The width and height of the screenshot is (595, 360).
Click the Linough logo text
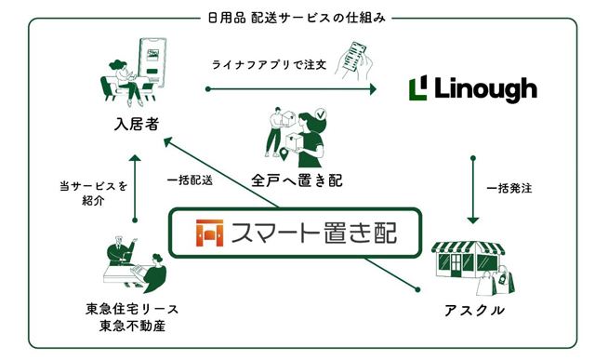coord(485,89)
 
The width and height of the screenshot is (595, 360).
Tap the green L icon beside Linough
coord(417,87)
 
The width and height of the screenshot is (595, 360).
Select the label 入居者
coord(137,124)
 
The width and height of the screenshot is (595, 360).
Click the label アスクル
coord(474,311)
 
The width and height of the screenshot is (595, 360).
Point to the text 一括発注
coord(509,188)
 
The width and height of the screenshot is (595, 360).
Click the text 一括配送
coord(190,180)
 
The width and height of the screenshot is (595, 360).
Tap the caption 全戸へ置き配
coord(297,180)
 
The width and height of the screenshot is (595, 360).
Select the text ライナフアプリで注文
coord(269,65)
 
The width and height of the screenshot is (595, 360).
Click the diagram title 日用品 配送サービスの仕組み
coord(297,18)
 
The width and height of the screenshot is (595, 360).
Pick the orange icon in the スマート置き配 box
coord(209,233)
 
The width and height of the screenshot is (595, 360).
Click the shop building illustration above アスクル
coord(469,260)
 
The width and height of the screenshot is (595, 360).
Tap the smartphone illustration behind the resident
coord(152,62)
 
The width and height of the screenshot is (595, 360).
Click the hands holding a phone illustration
coord(353,60)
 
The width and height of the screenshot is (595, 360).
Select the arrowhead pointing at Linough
coord(373,89)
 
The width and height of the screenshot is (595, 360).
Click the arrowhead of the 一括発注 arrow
coord(473,220)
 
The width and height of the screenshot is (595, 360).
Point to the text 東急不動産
coord(132,327)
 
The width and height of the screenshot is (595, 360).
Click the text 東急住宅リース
coord(132,309)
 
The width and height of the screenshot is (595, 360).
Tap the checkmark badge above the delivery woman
coord(321,113)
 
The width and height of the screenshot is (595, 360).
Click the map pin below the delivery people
coord(284,153)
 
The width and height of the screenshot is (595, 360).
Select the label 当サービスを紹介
coord(93,193)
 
